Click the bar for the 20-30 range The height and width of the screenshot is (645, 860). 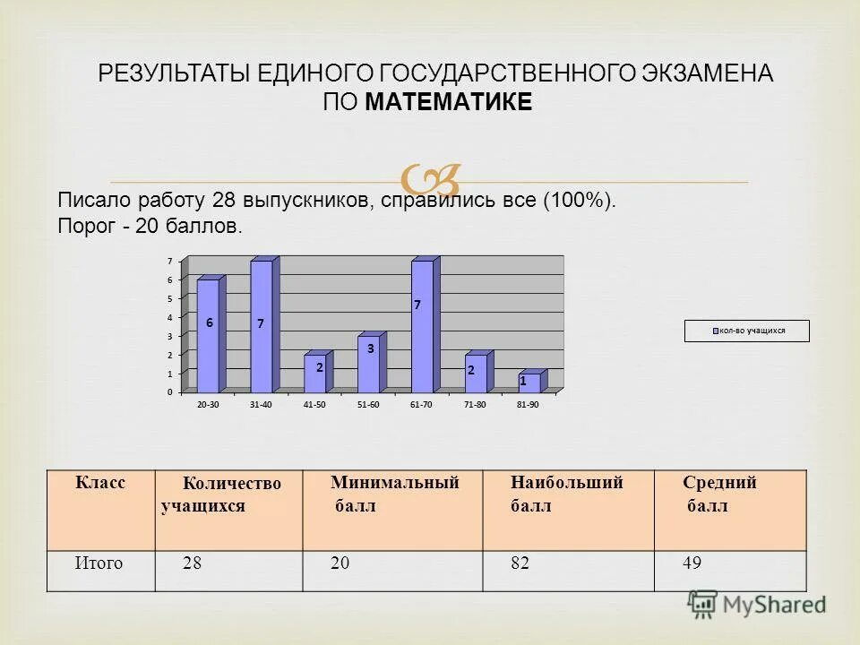208,336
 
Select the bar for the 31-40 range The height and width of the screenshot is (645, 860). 261,327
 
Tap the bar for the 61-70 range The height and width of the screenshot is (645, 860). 422,327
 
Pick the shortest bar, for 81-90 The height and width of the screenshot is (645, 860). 529,383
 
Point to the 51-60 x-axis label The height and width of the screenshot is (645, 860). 368,406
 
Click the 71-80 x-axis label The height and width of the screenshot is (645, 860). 475,406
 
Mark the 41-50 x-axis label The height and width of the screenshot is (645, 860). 314,406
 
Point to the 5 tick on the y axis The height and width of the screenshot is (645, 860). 169,298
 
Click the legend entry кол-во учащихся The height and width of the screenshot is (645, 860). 747,331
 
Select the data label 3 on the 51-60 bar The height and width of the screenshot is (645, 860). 370,348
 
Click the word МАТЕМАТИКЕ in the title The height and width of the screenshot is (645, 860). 448,102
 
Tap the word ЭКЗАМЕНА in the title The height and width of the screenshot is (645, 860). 706,73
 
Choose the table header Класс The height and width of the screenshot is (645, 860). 99,482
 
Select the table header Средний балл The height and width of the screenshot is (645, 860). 718,494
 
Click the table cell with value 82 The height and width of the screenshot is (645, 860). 519,563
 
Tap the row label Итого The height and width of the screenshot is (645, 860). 99,563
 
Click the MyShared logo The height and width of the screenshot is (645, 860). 757,604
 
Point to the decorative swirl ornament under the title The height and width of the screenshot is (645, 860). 430,180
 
